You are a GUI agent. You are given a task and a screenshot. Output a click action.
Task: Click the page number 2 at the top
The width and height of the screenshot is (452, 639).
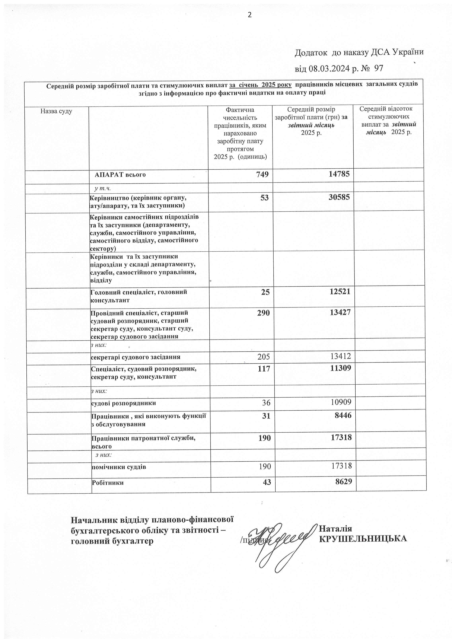(x=250, y=15)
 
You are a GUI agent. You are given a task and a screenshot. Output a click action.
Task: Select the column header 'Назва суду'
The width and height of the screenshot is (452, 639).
(x=56, y=111)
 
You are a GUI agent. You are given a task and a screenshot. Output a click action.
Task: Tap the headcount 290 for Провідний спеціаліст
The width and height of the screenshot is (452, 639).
(x=264, y=313)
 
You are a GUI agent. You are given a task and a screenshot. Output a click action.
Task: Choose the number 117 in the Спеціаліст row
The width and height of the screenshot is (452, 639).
(x=264, y=369)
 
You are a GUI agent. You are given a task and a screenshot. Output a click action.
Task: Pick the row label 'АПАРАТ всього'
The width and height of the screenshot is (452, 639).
(x=120, y=175)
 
